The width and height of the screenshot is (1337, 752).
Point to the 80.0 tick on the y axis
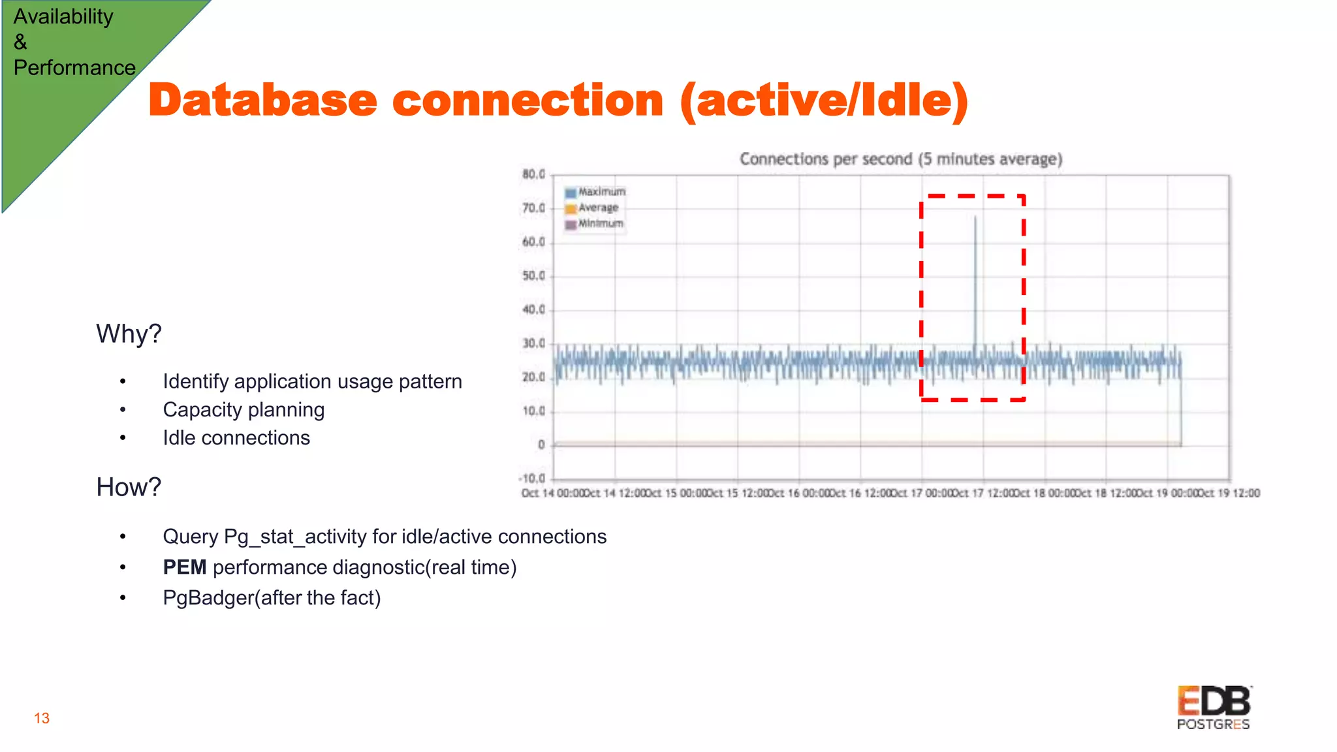[533, 174]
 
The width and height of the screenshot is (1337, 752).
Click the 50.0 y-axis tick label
[533, 276]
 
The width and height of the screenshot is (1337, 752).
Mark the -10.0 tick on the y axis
[532, 478]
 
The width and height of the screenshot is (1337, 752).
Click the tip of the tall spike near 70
[975, 217]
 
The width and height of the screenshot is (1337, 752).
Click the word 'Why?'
[129, 334]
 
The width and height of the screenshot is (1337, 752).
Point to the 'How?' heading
[129, 487]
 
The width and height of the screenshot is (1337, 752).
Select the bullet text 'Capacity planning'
[244, 410]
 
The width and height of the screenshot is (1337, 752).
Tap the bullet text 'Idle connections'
[236, 438]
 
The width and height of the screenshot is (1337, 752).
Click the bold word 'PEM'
[185, 567]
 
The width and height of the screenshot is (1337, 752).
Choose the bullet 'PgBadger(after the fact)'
[272, 598]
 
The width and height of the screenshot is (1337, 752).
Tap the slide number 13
[42, 719]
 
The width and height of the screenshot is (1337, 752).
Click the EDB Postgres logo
[1214, 708]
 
